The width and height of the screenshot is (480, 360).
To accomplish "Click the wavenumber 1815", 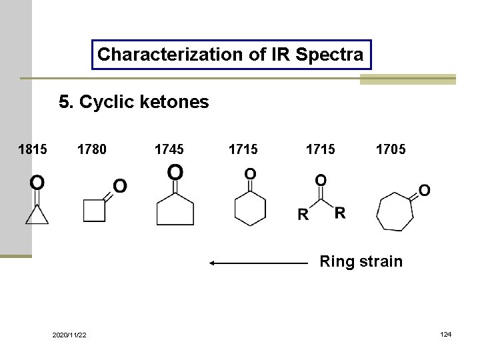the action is [32, 149].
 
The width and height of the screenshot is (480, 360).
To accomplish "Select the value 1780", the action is [91, 149].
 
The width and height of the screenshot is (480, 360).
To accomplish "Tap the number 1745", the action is [169, 149].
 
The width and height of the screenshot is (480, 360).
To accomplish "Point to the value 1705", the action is [390, 149].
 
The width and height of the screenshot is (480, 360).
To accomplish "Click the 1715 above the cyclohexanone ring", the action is [243, 149].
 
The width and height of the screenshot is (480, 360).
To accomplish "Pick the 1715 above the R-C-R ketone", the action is [320, 149].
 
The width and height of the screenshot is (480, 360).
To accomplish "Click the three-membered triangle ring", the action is [37, 215].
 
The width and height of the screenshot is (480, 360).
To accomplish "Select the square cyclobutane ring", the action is [95, 211].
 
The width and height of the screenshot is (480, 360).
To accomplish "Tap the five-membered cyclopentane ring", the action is [175, 211].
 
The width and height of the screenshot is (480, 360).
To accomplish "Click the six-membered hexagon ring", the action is [250, 208].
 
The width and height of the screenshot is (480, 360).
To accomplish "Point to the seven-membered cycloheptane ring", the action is [395, 211].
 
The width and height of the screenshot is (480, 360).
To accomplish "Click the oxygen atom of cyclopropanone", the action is [37, 181].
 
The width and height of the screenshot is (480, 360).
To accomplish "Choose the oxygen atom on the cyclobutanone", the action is [120, 185].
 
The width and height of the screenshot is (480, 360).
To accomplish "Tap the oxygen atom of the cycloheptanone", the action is [424, 190].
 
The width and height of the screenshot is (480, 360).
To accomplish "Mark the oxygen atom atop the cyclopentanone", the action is [175, 173].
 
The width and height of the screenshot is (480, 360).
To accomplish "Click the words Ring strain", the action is [361, 261].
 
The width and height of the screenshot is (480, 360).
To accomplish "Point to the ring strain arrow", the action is [259, 263].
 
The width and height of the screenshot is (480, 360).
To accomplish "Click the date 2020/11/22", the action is [69, 335].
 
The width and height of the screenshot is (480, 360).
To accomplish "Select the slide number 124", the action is [445, 333].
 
